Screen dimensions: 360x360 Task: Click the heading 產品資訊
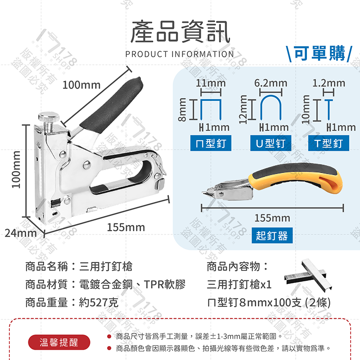tap(180, 33)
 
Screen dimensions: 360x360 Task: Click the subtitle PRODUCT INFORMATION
tap(180, 54)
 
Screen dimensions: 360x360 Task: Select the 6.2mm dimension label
tap(270, 83)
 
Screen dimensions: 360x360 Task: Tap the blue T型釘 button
tap(328, 144)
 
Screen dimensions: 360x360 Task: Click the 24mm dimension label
tap(21, 234)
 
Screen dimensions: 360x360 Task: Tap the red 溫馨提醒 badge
tap(59, 342)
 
